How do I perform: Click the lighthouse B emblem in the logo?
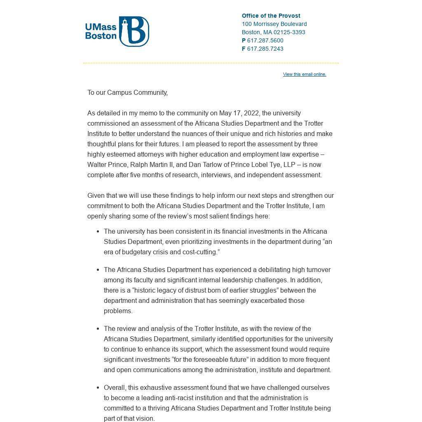pyautogui.click(x=134, y=31)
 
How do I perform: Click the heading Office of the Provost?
pyautogui.click(x=271, y=16)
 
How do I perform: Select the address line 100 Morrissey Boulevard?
pyautogui.click(x=274, y=24)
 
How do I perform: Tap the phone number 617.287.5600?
pyautogui.click(x=265, y=40)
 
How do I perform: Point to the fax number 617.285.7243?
pyautogui.click(x=265, y=49)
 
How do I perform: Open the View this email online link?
pyautogui.click(x=305, y=74)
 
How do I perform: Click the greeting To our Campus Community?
pyautogui.click(x=127, y=92)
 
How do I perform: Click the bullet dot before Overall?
pyautogui.click(x=98, y=387)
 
